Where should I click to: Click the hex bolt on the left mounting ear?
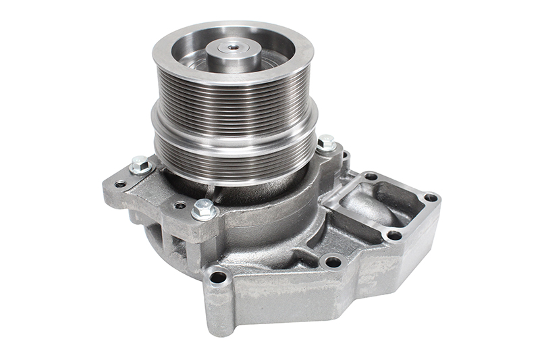pos(140,163)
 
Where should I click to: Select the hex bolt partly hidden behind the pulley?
pos(327,143)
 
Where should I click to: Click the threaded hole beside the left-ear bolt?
pos(120,184)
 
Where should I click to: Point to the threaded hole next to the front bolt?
pos(180,205)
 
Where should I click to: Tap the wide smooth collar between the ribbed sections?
pos(234,125)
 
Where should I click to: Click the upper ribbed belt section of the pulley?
pos(233,95)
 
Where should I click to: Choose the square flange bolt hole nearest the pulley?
pos(371,176)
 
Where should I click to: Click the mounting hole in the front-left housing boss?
pos(217,276)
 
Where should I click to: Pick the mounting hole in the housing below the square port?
pos(332,261)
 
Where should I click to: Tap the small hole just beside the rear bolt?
pos(345,157)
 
